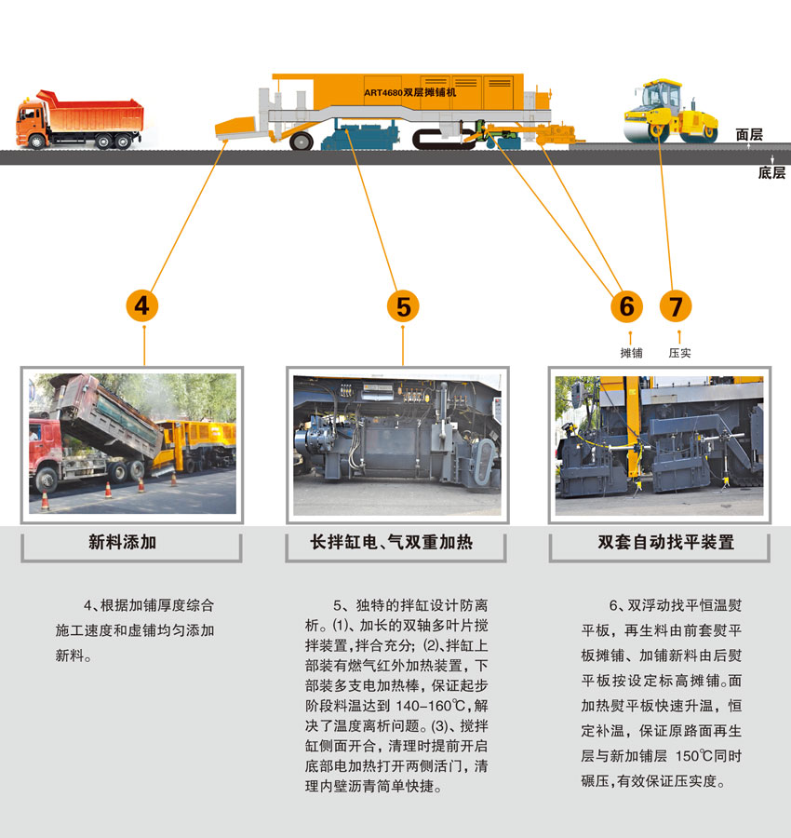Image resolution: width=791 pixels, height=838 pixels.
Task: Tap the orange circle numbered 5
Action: pyautogui.click(x=402, y=305)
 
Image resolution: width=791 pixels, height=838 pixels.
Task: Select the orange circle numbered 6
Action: pyautogui.click(x=626, y=305)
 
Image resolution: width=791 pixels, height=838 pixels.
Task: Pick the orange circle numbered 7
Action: pyautogui.click(x=676, y=305)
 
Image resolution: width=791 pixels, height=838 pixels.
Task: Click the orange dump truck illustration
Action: pyautogui.click(x=80, y=119)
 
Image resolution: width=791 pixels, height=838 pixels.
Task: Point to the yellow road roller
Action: pyautogui.click(x=670, y=113)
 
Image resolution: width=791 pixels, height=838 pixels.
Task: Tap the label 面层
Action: pyautogui.click(x=749, y=135)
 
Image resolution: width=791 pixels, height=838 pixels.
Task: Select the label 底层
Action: pyautogui.click(x=771, y=172)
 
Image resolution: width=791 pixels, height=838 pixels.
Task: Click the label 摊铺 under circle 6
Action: pyautogui.click(x=631, y=353)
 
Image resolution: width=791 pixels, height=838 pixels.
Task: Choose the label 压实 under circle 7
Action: pyautogui.click(x=679, y=353)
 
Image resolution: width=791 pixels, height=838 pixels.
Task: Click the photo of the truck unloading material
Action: pyautogui.click(x=131, y=443)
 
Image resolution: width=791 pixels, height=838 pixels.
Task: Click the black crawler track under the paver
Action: pyautogui.click(x=442, y=141)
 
